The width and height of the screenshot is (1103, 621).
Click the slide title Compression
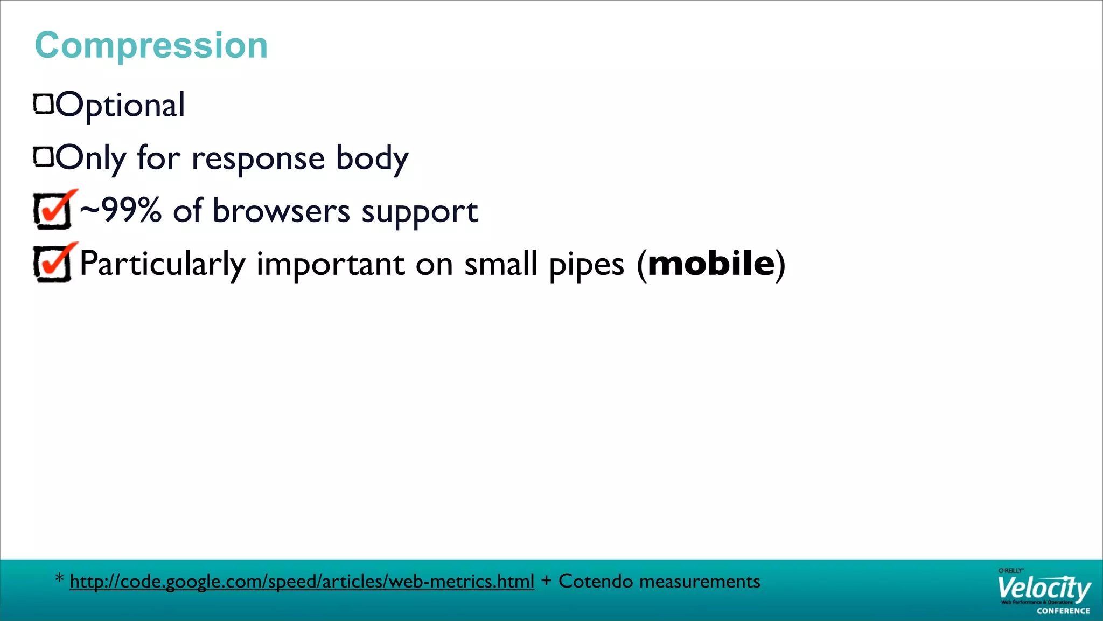[151, 45]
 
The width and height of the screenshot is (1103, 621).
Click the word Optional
[121, 105]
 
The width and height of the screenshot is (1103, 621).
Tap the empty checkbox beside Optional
[44, 104]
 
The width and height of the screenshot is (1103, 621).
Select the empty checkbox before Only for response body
[44, 157]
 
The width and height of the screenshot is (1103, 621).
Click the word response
[258, 159]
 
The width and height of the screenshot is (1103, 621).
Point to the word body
[372, 159]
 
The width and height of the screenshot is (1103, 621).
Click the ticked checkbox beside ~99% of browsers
[53, 211]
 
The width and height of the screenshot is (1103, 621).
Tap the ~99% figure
[121, 210]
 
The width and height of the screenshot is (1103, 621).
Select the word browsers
[281, 211]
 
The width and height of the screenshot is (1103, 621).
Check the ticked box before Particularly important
[53, 264]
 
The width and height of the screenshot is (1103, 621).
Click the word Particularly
[162, 265]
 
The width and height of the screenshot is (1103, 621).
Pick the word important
[330, 265]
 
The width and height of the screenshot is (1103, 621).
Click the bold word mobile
[711, 264]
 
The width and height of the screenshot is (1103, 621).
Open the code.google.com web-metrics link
[302, 582]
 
